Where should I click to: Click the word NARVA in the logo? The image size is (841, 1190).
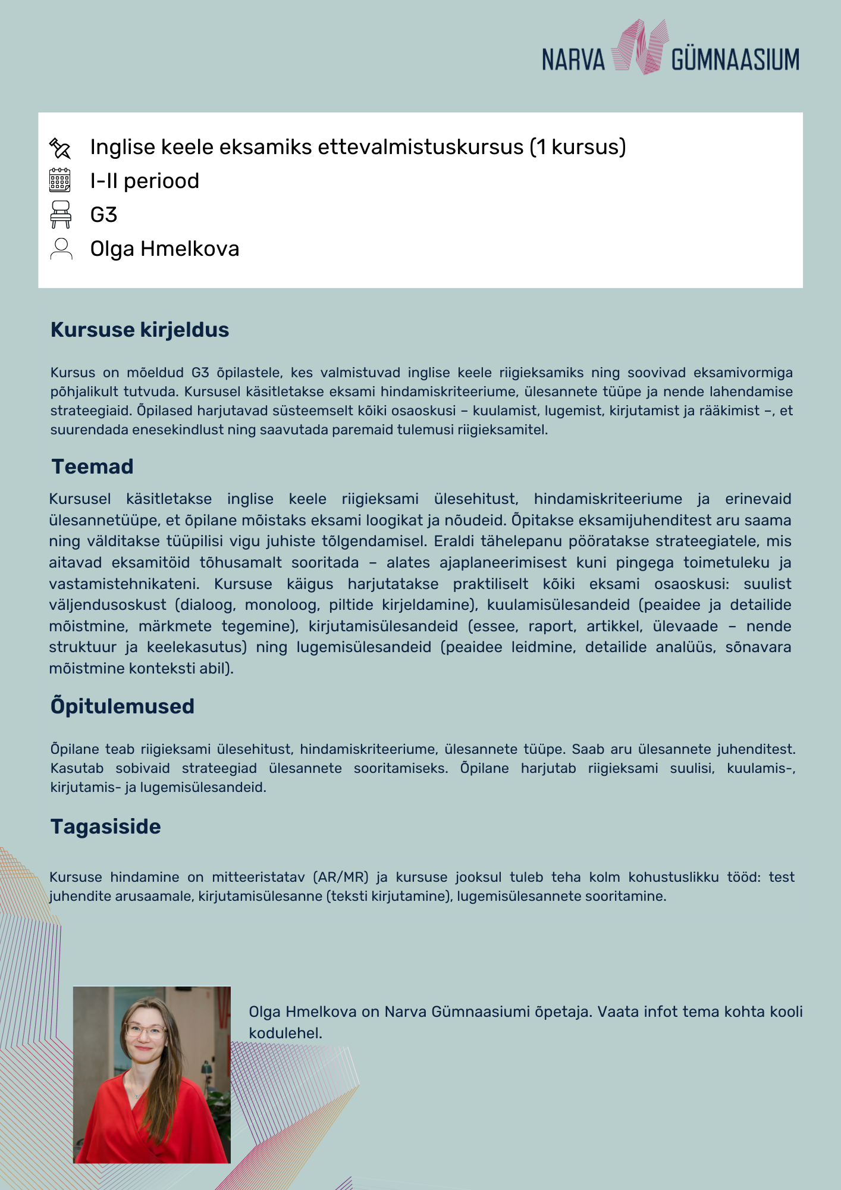point(573,60)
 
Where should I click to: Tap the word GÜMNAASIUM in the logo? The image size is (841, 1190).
point(735,60)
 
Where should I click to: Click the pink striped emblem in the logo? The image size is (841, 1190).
point(639,48)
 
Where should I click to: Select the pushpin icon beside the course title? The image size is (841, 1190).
point(60,148)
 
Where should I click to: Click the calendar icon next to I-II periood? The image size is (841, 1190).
point(60,180)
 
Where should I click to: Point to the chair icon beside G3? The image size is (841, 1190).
point(61,214)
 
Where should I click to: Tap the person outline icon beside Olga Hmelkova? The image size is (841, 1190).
point(61,249)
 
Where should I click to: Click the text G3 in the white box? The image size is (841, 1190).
point(103,215)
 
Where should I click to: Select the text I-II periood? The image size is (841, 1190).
point(145,181)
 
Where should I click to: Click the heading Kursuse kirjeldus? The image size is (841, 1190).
point(140,330)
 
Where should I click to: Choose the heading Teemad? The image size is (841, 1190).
point(92,466)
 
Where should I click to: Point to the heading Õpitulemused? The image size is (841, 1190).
point(123,706)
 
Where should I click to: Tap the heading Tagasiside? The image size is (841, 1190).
point(105,826)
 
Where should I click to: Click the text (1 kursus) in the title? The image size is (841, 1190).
point(578,147)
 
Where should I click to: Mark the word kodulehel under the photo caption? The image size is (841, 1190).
point(285,1033)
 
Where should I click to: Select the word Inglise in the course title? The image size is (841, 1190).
point(123,147)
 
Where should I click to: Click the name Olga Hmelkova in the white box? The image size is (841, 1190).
point(165,249)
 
